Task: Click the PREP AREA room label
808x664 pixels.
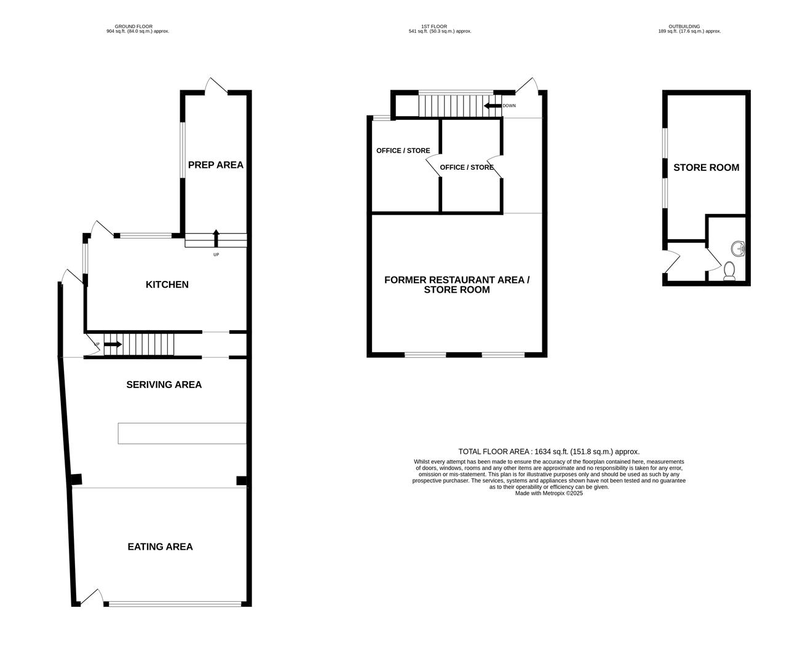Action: pyautogui.click(x=215, y=165)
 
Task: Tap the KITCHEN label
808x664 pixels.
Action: pyautogui.click(x=167, y=285)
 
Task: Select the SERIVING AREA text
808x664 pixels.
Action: pyautogui.click(x=164, y=385)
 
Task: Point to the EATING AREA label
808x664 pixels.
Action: pyautogui.click(x=160, y=547)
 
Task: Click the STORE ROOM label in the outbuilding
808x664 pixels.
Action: pyautogui.click(x=706, y=167)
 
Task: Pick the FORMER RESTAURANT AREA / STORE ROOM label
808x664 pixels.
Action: pyautogui.click(x=456, y=285)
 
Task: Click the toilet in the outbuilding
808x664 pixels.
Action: pyautogui.click(x=729, y=271)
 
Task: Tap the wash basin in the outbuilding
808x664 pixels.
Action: pyautogui.click(x=738, y=248)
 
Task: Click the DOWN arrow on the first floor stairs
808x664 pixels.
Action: pyautogui.click(x=493, y=106)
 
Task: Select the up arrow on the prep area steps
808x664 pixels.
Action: pyautogui.click(x=215, y=237)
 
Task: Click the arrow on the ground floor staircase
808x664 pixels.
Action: pyautogui.click(x=113, y=344)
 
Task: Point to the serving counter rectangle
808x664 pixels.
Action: pyautogui.click(x=182, y=433)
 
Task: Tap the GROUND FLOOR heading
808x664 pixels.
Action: pyautogui.click(x=137, y=27)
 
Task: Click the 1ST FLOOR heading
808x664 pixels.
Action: pyautogui.click(x=440, y=27)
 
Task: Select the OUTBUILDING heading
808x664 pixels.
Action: pyautogui.click(x=689, y=27)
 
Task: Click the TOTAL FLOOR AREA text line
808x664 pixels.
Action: pyautogui.click(x=549, y=451)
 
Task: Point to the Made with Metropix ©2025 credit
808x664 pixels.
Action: pyautogui.click(x=549, y=493)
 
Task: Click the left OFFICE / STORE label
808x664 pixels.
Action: pyautogui.click(x=403, y=151)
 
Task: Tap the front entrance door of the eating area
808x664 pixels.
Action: pyautogui.click(x=92, y=598)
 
